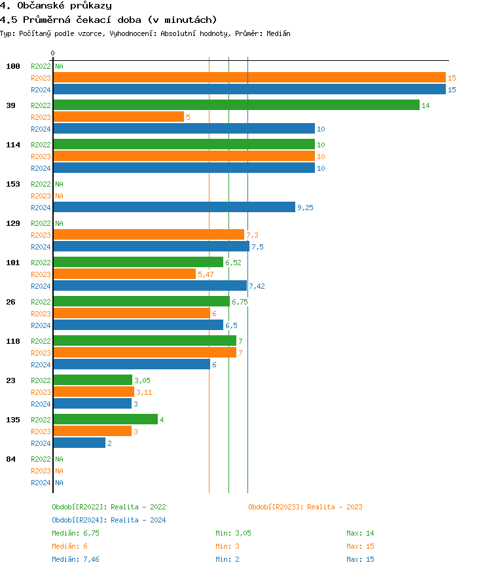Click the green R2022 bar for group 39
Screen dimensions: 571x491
[x=236, y=105]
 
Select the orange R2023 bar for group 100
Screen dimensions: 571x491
[x=249, y=77]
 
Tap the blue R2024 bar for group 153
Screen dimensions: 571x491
[x=173, y=207]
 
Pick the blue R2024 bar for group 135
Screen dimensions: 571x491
[x=79, y=443]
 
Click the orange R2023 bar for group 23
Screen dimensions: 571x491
[x=93, y=392]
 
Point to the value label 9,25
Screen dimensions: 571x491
[x=305, y=208]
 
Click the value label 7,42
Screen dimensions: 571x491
[x=257, y=286]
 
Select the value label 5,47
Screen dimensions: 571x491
[x=206, y=274]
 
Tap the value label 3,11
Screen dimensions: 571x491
[x=144, y=392]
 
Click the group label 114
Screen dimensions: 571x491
[x=13, y=145]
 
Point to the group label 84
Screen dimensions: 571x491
[x=10, y=459]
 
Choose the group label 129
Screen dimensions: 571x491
[x=13, y=223]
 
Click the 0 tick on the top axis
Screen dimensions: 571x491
[x=53, y=53]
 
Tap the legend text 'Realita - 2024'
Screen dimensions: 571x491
[x=138, y=520]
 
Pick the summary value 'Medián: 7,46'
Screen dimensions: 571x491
[x=75, y=559]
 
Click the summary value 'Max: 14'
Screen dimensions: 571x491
[x=360, y=533]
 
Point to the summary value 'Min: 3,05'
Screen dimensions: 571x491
[x=233, y=533]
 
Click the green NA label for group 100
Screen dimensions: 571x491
[x=59, y=66]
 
